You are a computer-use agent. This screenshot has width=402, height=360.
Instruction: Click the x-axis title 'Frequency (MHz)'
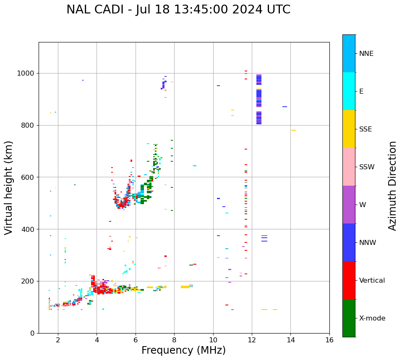183,350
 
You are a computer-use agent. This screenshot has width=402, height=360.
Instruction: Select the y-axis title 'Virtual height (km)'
9,187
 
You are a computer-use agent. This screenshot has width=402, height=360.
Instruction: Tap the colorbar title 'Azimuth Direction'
392,186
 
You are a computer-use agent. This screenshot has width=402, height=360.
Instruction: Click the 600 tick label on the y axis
30,177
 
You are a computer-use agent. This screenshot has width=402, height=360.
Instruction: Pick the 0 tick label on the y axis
33,333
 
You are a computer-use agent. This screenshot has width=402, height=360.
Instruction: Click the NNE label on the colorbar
366,54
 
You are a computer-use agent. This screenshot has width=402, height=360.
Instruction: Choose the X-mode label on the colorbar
372,318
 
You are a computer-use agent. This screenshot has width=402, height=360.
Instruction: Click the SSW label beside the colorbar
367,167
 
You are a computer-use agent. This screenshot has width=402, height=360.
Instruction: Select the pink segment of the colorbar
349,167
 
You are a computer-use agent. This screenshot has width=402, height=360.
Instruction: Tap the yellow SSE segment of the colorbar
349,129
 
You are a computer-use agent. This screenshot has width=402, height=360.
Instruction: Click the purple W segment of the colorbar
349,205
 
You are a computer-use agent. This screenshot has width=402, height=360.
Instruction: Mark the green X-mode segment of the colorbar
349,318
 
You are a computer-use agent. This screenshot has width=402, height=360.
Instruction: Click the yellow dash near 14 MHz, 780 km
293,130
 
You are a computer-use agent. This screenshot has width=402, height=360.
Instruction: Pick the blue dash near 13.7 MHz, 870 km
285,107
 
